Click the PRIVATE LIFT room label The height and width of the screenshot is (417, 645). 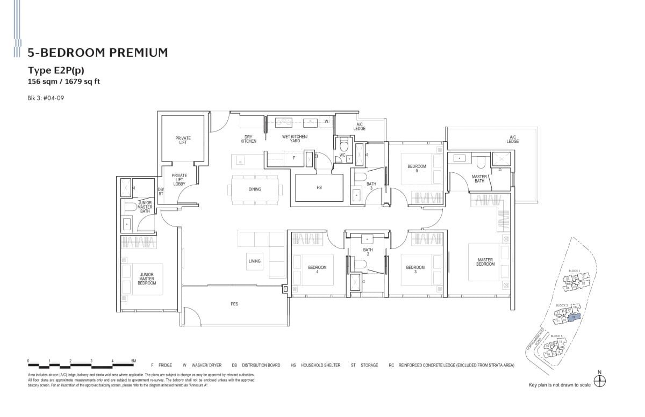click(183, 140)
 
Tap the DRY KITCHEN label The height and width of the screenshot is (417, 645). click(248, 139)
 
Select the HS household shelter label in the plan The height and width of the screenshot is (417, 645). click(319, 188)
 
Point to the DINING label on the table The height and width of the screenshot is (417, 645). click(255, 189)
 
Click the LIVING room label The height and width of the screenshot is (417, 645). click(254, 261)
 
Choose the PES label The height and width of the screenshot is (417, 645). click(234, 304)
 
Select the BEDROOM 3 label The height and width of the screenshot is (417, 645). click(415, 269)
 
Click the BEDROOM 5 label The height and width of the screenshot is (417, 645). click(417, 169)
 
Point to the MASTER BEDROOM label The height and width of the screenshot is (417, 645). click(485, 262)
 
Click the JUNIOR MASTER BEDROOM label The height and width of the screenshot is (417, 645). click(147, 279)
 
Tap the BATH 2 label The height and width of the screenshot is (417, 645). click(368, 252)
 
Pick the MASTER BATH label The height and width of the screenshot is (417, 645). click(479, 179)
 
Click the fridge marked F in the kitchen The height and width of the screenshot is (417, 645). click(293, 158)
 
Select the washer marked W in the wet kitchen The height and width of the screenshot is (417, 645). click(326, 121)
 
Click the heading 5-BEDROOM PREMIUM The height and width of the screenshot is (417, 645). click(97, 52)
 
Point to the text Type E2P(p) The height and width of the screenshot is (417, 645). click(56, 70)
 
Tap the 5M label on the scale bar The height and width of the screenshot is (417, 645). click(133, 361)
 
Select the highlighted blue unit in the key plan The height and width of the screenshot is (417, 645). click(574, 317)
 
